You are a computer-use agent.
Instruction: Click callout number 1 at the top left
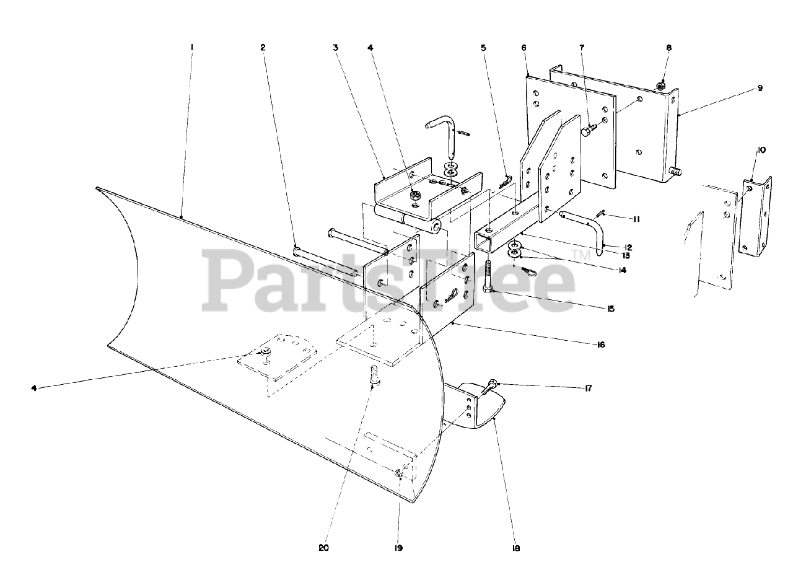tap(192, 47)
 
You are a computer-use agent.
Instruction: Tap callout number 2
tap(263, 47)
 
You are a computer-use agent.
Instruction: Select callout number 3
tap(335, 47)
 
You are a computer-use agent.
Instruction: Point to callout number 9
tap(759, 89)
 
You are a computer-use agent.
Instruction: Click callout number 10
tap(760, 150)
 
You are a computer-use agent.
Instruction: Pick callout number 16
tap(600, 345)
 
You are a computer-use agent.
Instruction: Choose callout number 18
tap(516, 548)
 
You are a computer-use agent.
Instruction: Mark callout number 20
tap(323, 548)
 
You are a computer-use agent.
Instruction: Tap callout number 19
tap(398, 548)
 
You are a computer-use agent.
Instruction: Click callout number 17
tap(587, 389)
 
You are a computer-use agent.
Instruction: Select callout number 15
tap(611, 308)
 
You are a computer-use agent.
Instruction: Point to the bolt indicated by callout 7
tap(588, 131)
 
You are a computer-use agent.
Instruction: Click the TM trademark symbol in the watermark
tap(581, 255)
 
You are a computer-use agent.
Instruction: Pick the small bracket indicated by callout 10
tap(756, 217)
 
